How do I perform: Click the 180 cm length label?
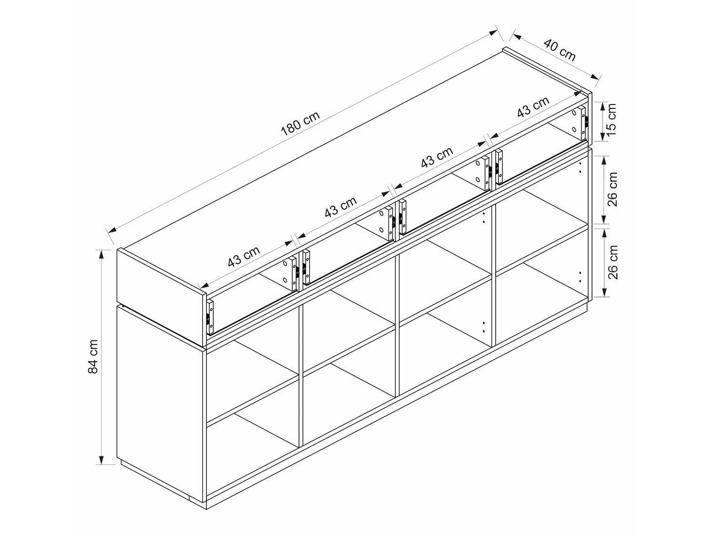[x=300, y=123]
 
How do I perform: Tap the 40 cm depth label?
[x=560, y=50]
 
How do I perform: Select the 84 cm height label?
[x=93, y=357]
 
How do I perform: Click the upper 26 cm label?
[x=613, y=189]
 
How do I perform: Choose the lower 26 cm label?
[x=613, y=262]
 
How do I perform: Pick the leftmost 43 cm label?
[x=244, y=256]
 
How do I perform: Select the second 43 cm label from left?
[x=341, y=207]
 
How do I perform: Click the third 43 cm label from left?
[x=437, y=157]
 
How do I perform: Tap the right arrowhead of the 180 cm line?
[x=493, y=32]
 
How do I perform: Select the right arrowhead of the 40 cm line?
[x=595, y=77]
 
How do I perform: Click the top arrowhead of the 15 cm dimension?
[x=603, y=108]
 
